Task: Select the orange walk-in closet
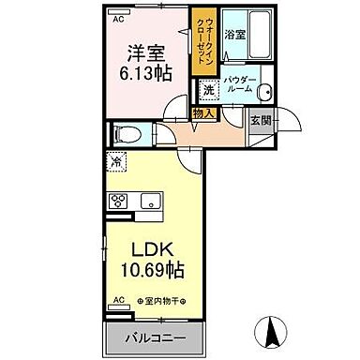[200, 42]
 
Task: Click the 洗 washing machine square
[206, 91]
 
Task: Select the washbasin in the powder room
[264, 91]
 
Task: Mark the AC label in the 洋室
[118, 18]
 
